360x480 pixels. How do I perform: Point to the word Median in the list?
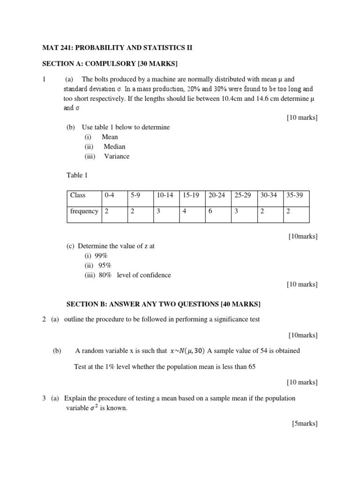coord(114,147)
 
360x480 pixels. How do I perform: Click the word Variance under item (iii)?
coord(117,157)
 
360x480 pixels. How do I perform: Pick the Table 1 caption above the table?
coord(77,176)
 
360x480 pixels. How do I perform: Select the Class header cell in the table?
coord(78,195)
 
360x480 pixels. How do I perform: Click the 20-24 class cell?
coord(217,195)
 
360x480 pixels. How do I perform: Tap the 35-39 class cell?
coord(294,195)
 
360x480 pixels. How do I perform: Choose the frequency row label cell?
coord(84,211)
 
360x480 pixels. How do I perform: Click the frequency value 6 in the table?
coord(210,211)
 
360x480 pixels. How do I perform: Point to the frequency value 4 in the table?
coord(185,211)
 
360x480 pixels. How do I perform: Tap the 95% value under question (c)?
coord(105,266)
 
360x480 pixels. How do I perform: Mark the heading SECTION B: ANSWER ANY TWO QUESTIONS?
coord(163,304)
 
